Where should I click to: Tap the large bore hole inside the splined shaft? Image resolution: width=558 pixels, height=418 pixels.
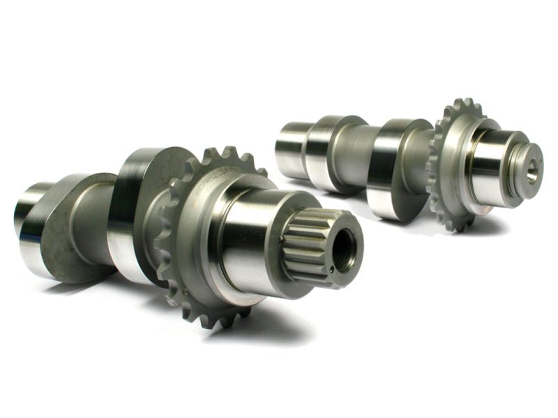click(346, 249)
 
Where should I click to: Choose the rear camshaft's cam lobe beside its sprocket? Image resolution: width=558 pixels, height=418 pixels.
click(401, 167)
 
